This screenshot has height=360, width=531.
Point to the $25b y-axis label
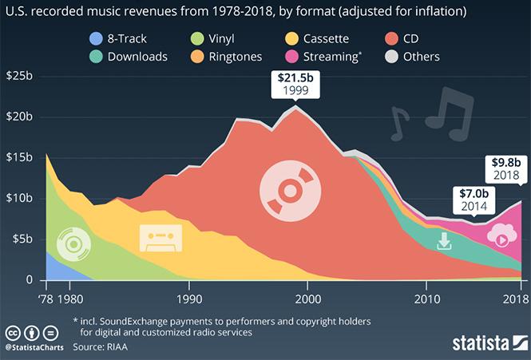tap(20, 76)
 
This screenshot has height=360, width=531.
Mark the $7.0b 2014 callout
tap(473, 199)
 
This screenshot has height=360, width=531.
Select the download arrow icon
tap(445, 241)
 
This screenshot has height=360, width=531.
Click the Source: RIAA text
tap(101, 347)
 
